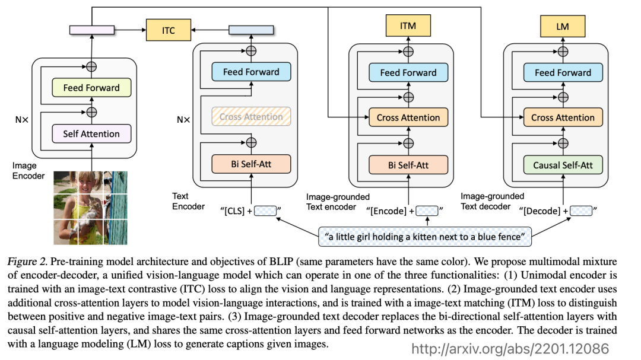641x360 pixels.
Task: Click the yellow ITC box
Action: tap(169, 30)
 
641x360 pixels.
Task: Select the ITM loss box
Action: tap(408, 26)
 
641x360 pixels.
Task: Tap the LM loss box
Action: tap(563, 27)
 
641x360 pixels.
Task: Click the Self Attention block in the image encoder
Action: tap(91, 133)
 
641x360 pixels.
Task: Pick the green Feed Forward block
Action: tap(91, 87)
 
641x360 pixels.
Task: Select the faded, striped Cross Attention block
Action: tap(251, 116)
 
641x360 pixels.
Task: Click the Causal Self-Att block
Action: tap(563, 165)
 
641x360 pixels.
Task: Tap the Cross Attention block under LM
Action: tap(563, 117)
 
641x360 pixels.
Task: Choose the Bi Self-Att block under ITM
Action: tap(408, 165)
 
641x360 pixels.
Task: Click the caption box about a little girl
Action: tap(425, 237)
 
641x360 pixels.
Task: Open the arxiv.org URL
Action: tap(510, 349)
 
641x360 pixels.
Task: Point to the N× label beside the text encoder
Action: tap(183, 120)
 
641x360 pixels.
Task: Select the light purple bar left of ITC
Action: tap(92, 30)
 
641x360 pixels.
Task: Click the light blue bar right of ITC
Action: tap(251, 30)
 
